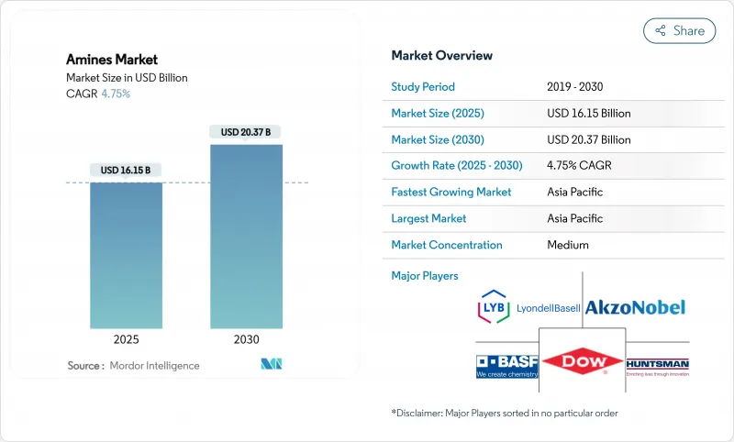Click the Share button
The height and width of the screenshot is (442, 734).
[x=679, y=30]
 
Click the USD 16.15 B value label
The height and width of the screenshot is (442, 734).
[x=127, y=171]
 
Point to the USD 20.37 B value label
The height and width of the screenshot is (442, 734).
[x=246, y=132]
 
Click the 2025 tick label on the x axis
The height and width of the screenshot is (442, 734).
[x=127, y=339]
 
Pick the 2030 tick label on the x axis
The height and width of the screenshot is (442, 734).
[x=246, y=339]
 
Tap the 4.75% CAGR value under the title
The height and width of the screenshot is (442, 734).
[x=115, y=94]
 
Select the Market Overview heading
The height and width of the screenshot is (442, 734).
[x=442, y=55]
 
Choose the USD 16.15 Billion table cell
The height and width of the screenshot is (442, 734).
[x=588, y=114]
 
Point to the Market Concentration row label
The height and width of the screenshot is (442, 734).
[x=447, y=245]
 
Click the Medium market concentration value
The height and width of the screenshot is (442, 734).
[x=567, y=245]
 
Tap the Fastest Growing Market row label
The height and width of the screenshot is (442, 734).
[x=451, y=193]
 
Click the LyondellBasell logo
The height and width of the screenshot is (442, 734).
[x=529, y=308]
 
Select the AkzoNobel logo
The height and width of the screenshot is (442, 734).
[x=635, y=307]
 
